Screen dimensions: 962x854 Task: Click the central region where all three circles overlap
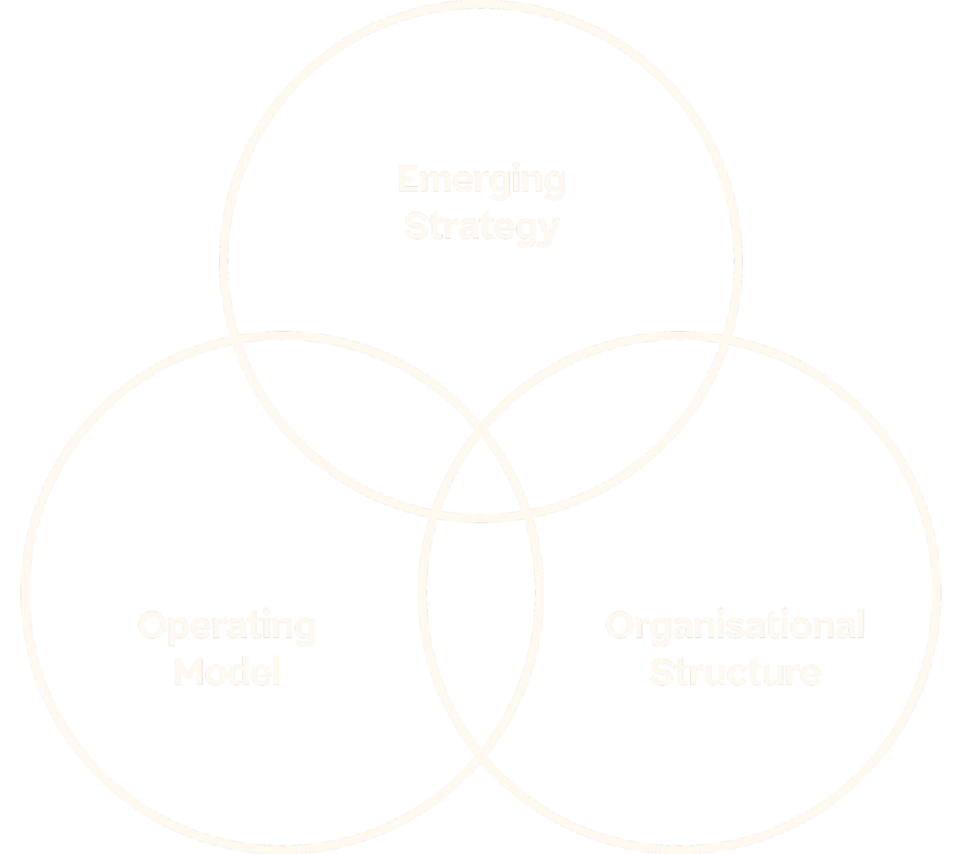click(x=481, y=480)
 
